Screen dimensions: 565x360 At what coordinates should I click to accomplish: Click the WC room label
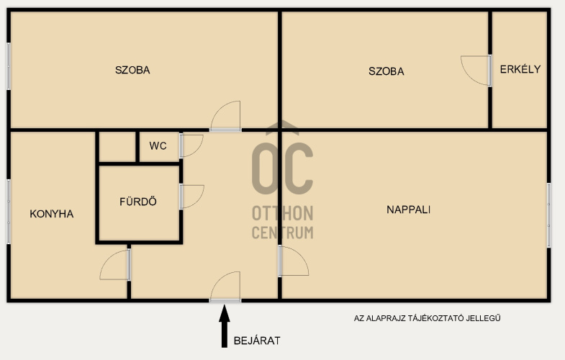158,146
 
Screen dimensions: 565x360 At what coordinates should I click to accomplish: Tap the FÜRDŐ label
138,201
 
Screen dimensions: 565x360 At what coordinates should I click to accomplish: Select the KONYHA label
52,214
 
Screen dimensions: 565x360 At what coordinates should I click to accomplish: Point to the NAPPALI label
409,210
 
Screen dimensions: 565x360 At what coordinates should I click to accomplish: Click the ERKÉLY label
520,69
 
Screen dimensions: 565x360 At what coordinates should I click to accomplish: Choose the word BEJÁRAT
257,341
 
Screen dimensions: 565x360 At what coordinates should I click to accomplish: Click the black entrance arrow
225,326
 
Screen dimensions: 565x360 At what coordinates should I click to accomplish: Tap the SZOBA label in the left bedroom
132,70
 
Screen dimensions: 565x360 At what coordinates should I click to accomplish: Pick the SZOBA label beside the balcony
387,71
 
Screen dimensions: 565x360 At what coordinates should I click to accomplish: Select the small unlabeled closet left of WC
117,147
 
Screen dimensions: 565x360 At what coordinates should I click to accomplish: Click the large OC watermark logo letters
282,168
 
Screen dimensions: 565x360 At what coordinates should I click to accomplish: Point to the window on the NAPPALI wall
548,215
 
